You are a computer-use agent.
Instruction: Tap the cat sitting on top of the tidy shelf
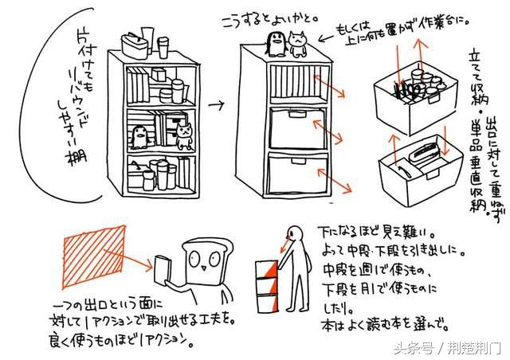coord(298,45)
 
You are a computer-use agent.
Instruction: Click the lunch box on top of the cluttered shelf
coord(135,45)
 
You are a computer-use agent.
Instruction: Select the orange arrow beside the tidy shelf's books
coord(323,85)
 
